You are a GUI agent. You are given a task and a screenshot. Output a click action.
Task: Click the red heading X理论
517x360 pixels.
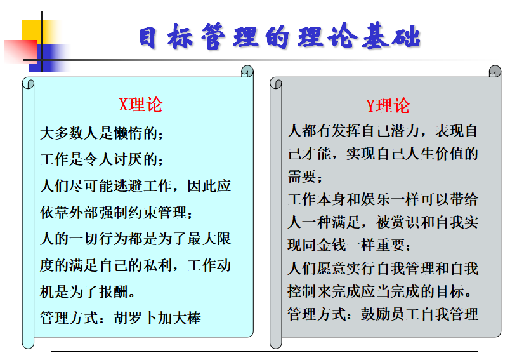[x=140, y=105]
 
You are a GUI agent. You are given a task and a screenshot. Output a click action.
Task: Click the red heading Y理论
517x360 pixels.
[x=388, y=106]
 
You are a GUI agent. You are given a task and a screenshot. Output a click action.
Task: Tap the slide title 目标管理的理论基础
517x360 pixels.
[x=280, y=36]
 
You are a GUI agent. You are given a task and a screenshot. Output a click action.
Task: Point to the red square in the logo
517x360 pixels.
[x=20, y=52]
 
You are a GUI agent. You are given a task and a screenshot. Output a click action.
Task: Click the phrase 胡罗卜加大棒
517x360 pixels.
[x=157, y=318]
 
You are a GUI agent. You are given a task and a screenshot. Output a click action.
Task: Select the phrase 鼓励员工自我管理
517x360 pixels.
[x=419, y=314]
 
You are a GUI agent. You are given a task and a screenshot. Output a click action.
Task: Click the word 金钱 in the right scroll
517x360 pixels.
[x=331, y=245]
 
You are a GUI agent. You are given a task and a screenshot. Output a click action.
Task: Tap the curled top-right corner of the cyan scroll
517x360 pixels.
[x=247, y=71]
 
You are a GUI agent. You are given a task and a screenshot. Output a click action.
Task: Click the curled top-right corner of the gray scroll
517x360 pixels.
[x=495, y=71]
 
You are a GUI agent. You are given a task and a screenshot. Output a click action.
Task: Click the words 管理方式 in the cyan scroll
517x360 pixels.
[x=69, y=318]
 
